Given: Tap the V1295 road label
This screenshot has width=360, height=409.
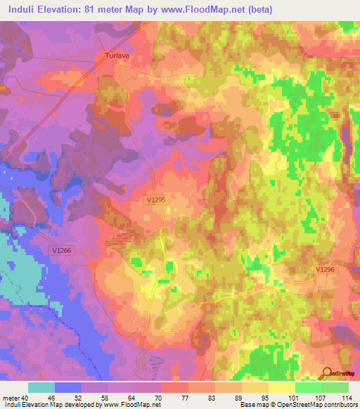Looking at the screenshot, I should point(157,200).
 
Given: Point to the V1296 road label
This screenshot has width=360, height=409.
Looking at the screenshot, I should point(325,269).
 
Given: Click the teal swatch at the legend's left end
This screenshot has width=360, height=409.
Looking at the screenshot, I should point(41,387).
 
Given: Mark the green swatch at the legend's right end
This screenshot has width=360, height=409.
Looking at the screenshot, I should point(335,387).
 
